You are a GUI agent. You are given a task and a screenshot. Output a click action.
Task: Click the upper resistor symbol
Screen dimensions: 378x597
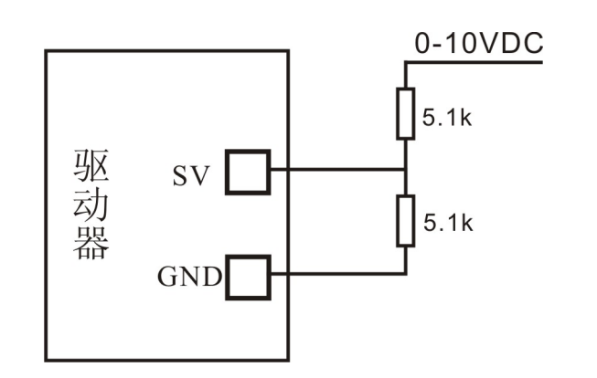[x=405, y=113]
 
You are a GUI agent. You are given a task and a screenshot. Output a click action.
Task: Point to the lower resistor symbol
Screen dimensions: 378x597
[x=405, y=220]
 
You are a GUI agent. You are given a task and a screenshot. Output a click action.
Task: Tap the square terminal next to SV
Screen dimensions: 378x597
[x=248, y=171]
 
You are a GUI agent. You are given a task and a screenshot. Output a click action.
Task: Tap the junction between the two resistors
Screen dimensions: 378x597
[x=405, y=169]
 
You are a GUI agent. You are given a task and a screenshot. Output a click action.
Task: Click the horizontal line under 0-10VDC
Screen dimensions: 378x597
[x=475, y=63]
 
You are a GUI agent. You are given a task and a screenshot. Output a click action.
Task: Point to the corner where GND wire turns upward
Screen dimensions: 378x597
[x=405, y=272]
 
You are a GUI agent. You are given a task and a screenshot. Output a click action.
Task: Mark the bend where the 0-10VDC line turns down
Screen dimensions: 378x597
[x=405, y=63]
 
